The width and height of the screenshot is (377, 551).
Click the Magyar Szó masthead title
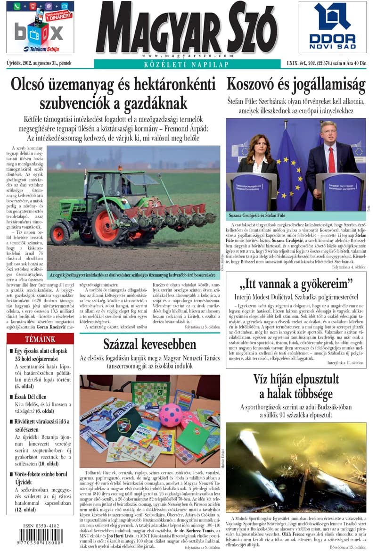[x=186, y=29]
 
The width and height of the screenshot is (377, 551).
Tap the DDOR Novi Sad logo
[x=333, y=27]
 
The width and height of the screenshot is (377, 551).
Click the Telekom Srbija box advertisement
[x=40, y=27]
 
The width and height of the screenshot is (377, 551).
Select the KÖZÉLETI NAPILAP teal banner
[x=186, y=64]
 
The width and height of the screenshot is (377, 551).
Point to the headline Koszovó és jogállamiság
[x=296, y=85]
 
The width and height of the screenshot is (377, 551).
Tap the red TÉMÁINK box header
[x=40, y=339]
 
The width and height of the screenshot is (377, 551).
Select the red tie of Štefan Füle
[x=331, y=160]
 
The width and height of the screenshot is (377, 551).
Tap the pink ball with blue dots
[x=170, y=414]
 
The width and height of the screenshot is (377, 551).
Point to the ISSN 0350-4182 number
[x=41, y=526]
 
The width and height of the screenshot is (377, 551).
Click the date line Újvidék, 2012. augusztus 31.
[x=39, y=63]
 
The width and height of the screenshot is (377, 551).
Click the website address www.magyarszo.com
[x=186, y=55]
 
